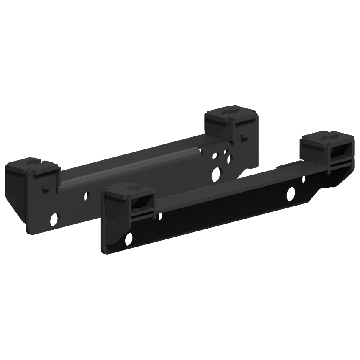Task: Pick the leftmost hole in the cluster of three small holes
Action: [214, 156]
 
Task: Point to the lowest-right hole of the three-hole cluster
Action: [229, 159]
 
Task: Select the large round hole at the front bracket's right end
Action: [291, 193]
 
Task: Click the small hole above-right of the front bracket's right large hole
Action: [304, 179]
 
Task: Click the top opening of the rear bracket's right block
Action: [230, 112]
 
